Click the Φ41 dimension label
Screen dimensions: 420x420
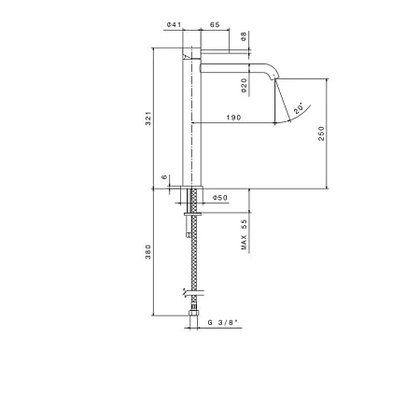[174, 24]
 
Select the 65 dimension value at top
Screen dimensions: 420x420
[215, 24]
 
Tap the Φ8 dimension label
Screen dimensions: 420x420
[244, 36]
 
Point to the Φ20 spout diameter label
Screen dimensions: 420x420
[244, 86]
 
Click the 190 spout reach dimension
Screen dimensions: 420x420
[233, 118]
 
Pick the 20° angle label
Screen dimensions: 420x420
[299, 107]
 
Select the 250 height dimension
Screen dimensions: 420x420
[321, 133]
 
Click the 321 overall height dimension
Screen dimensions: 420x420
[148, 119]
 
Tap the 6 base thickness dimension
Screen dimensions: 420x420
[164, 177]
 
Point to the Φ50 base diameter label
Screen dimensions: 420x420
[220, 198]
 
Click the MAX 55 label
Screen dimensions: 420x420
[244, 234]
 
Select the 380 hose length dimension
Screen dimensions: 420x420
[148, 252]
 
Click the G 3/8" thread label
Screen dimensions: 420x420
[224, 323]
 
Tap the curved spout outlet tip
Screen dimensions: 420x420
[275, 77]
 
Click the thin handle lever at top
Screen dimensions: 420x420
[225, 51]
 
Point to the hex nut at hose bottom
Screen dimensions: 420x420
[193, 312]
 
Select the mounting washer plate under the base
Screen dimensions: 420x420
[192, 214]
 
